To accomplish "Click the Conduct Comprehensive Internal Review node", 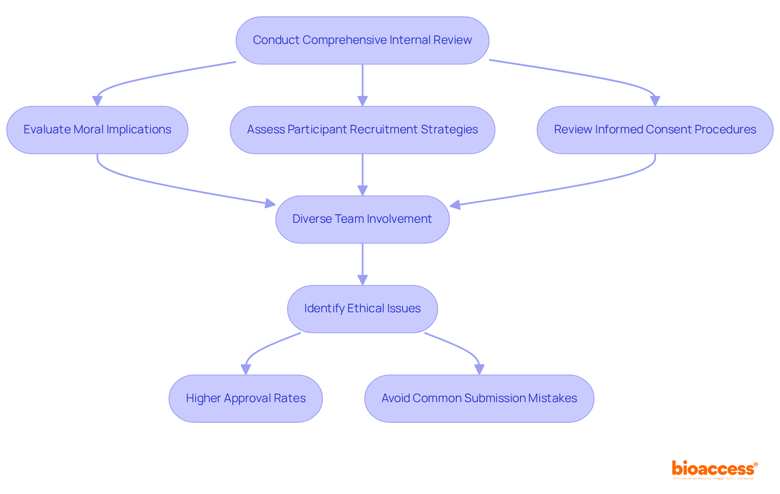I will (x=362, y=40).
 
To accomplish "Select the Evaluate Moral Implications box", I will (x=97, y=130).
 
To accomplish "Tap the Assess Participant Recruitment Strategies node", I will (x=362, y=130).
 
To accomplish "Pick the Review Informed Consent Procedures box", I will (x=655, y=130).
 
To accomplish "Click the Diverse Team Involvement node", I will (x=362, y=219).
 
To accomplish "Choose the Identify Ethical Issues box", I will (x=362, y=309).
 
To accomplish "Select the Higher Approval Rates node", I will (x=246, y=398).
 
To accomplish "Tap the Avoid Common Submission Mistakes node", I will (x=479, y=398).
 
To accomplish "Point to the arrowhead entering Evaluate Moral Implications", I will (x=97, y=101).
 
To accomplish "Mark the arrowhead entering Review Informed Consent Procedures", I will (x=655, y=101).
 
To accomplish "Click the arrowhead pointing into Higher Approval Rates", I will (x=246, y=369).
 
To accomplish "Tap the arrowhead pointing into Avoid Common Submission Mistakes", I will (x=479, y=369).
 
